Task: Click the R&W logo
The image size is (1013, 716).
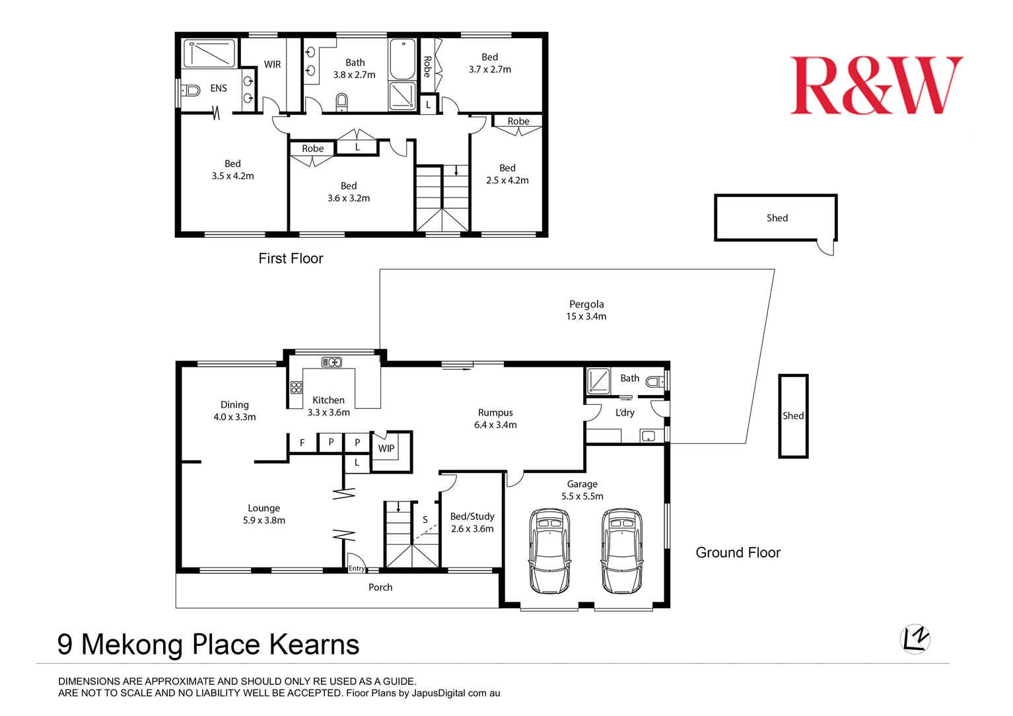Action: coord(876,86)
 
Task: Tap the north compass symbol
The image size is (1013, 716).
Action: coord(915,638)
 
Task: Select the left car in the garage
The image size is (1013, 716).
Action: coord(549,551)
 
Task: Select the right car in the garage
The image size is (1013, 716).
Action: coord(621,551)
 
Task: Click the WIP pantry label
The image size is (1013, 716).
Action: coord(386,448)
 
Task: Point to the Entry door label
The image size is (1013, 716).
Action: coord(357,568)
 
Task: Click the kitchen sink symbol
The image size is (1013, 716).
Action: coord(332,362)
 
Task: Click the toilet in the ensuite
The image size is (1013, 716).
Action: coord(191,90)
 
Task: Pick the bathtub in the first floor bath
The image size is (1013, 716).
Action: coord(402,60)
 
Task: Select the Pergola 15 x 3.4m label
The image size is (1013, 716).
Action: coord(586,310)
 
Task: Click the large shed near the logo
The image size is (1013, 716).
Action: coord(776,217)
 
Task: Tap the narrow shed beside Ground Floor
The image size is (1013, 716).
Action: coord(792,415)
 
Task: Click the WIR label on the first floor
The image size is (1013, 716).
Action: coord(272,64)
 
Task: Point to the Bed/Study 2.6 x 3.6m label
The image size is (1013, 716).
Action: coord(472,522)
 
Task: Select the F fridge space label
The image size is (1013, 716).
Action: coord(302,443)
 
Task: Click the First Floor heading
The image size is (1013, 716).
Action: coord(291,258)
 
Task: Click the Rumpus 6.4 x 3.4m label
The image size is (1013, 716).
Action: coord(495,419)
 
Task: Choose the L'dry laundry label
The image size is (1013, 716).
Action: coord(624,412)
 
